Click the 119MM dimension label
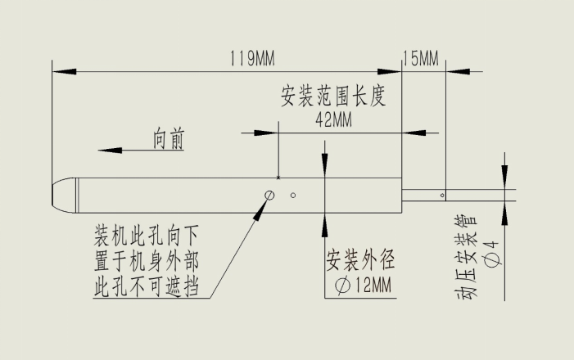(x=252, y=59)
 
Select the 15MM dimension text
(x=421, y=58)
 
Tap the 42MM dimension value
(x=333, y=119)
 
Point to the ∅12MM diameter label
(x=363, y=285)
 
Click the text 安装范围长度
(x=333, y=96)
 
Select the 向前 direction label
(x=169, y=138)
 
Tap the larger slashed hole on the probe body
(x=269, y=196)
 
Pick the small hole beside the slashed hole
(x=293, y=196)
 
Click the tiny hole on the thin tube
(x=442, y=196)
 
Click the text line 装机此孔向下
(x=147, y=236)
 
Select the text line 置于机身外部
(x=147, y=261)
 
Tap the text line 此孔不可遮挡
(x=147, y=286)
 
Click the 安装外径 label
(x=360, y=260)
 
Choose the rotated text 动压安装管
(x=467, y=257)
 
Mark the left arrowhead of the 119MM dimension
(x=64, y=71)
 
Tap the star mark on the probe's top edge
(x=278, y=178)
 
